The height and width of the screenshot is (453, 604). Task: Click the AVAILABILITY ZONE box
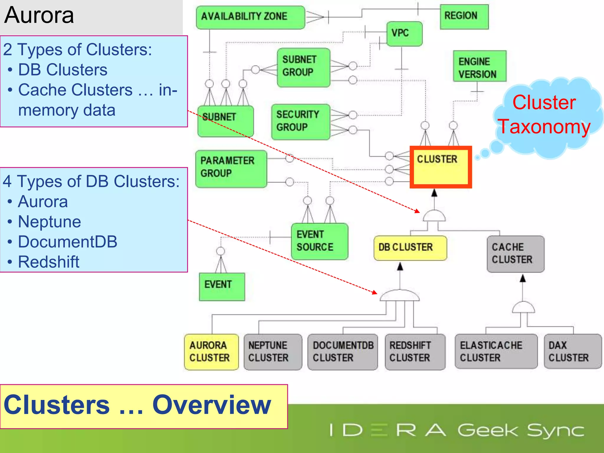250,17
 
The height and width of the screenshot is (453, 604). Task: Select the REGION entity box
464,17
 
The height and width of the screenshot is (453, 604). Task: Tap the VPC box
404,34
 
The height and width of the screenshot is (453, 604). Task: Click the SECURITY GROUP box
300,122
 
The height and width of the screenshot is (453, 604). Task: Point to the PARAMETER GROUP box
231,169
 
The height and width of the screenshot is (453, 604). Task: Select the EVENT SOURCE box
319,241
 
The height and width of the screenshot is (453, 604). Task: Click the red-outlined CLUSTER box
441,167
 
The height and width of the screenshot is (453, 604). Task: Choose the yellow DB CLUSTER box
410,248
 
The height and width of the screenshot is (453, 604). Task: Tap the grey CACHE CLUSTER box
515,254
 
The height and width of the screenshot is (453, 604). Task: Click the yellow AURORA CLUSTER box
211,352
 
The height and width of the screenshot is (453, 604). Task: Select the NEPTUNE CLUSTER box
273,352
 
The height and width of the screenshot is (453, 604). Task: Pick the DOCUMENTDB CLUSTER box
342,352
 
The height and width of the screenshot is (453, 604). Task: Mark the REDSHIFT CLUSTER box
415,352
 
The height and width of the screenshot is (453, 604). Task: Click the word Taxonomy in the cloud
544,127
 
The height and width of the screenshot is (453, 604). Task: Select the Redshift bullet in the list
49,262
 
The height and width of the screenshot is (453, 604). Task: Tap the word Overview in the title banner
211,405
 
